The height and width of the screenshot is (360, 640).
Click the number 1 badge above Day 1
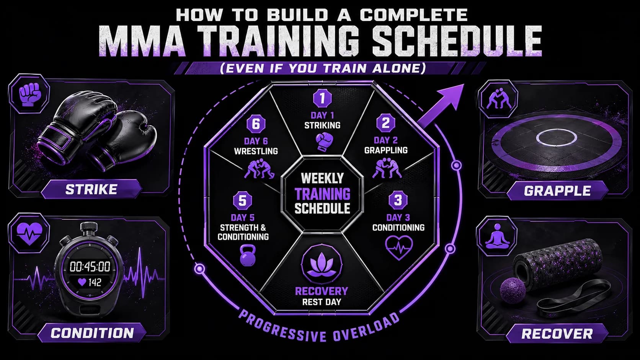pyautogui.click(x=322, y=98)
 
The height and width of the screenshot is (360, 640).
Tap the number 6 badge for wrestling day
pyautogui.click(x=256, y=124)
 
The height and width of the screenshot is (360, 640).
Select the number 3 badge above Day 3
pyautogui.click(x=398, y=200)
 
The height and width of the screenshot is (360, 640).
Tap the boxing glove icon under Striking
pyautogui.click(x=324, y=142)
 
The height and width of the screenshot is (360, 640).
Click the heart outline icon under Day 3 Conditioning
pyautogui.click(x=399, y=247)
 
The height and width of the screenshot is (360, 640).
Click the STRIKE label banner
pyautogui.click(x=91, y=189)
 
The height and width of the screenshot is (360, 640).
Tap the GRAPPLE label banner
pyautogui.click(x=557, y=191)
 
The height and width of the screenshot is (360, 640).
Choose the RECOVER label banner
pyautogui.click(x=557, y=334)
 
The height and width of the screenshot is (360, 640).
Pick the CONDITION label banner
pyautogui.click(x=92, y=333)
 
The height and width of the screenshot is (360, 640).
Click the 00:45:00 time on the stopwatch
pyautogui.click(x=90, y=266)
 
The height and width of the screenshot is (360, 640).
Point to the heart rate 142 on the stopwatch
pyautogui.click(x=90, y=282)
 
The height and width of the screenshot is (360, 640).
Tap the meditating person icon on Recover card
pyautogui.click(x=498, y=236)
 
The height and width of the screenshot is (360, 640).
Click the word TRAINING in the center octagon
pyautogui.click(x=322, y=194)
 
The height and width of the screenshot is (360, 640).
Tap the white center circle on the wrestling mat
pyautogui.click(x=556, y=138)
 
